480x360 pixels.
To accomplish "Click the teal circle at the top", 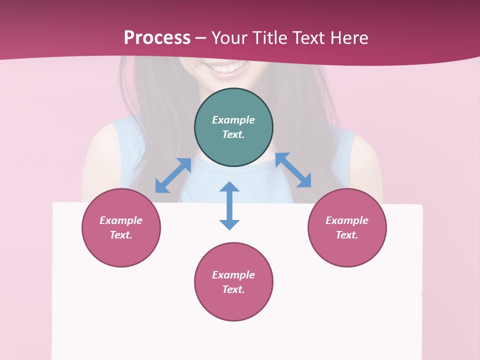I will coord(233,127).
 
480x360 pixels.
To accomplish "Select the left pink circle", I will coord(121,227).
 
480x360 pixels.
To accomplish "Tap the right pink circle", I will coord(347,227).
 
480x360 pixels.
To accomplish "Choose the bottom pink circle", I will coord(233,282).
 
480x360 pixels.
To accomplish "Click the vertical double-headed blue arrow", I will coord(229,205).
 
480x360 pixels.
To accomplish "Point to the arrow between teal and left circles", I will coord(173,175).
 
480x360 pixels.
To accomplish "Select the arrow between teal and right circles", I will coord(293,170).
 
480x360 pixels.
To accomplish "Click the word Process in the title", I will coord(157,38).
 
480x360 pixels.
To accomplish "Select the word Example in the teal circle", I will coord(233,120).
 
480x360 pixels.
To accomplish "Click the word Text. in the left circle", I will coord(121,235).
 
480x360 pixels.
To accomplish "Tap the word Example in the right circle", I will coord(347,220).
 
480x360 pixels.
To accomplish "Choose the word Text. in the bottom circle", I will coord(233,289).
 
